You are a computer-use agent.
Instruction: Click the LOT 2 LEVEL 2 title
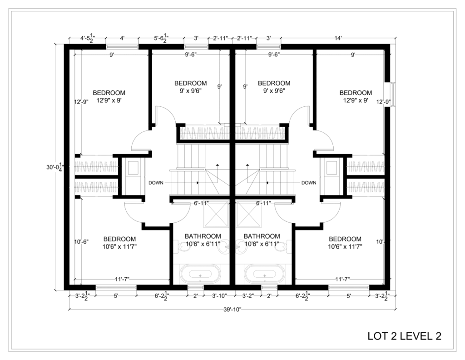404,336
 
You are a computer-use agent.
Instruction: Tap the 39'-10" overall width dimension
232,310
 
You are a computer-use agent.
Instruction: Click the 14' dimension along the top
338,38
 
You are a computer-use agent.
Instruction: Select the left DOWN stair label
156,183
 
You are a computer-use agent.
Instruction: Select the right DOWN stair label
309,183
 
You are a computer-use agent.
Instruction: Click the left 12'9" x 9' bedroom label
109,96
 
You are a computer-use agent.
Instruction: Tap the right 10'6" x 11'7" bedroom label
345,242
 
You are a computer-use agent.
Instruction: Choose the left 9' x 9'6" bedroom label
190,87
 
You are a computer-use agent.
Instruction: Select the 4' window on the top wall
122,47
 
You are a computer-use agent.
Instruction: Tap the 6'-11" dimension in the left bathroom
201,203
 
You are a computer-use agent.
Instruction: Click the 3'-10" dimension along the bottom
219,295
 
